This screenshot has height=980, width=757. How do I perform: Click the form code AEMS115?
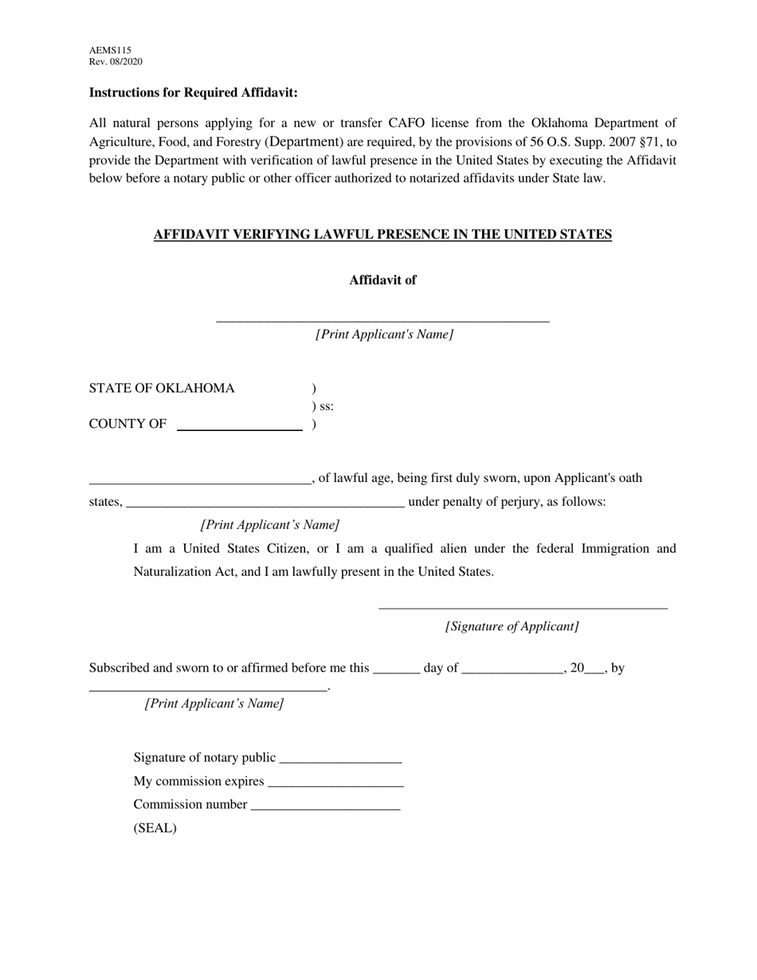[x=110, y=50]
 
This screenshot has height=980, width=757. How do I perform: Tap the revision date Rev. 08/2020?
[x=116, y=62]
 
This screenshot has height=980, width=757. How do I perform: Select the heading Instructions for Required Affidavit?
[x=193, y=92]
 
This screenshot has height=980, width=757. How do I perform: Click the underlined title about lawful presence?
[x=382, y=234]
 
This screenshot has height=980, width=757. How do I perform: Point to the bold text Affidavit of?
[x=382, y=280]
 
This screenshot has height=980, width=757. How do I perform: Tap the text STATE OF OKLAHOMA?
[x=162, y=389]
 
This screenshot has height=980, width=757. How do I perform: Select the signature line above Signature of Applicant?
[x=523, y=607]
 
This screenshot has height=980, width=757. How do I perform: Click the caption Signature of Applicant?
[x=512, y=626]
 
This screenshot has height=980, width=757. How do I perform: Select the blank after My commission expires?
[x=336, y=783]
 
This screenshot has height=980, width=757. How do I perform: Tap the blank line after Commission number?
[x=325, y=806]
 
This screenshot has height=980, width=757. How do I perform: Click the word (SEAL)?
[x=155, y=828]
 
